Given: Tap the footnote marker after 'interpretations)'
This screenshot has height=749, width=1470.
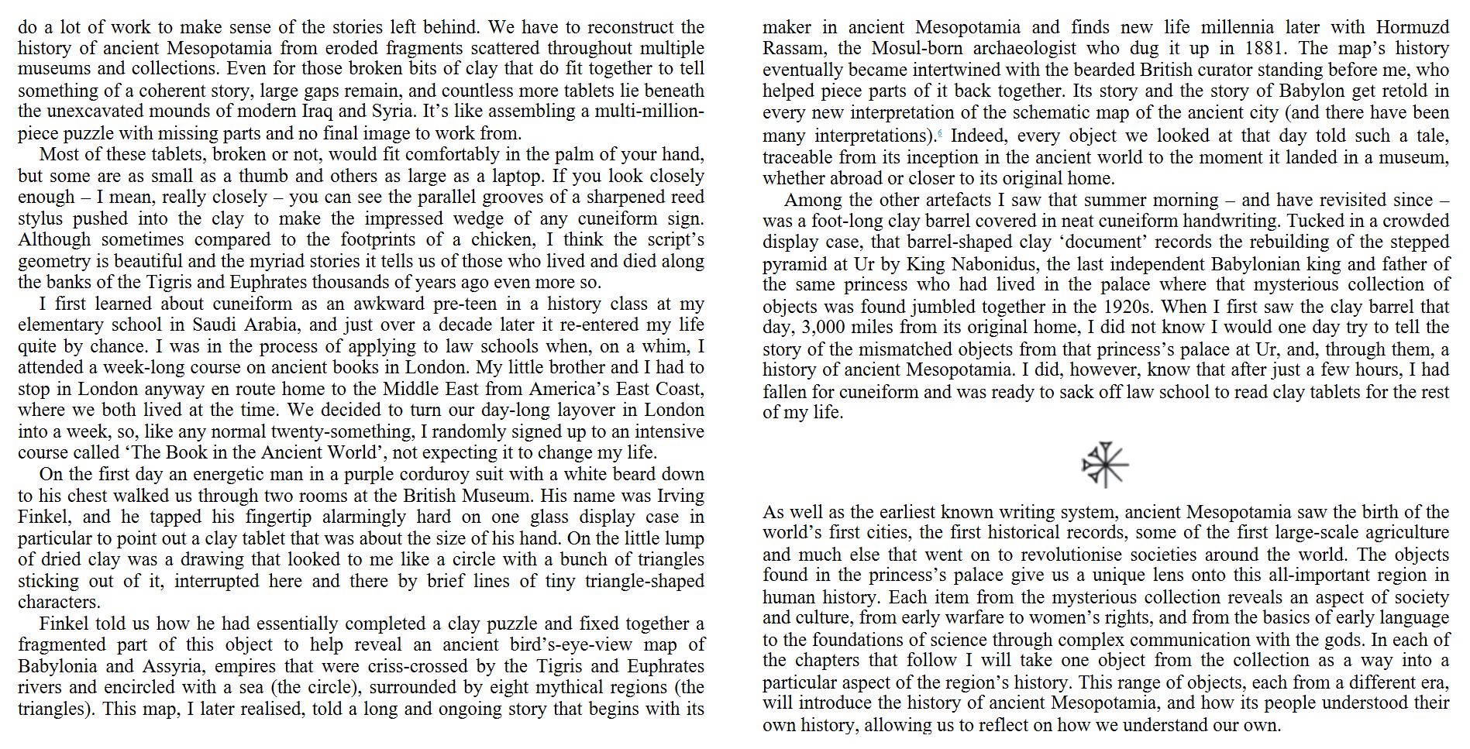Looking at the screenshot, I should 940,134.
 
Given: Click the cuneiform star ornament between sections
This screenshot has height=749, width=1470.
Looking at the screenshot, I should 1105,465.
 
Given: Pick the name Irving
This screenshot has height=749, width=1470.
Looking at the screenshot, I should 680,496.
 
